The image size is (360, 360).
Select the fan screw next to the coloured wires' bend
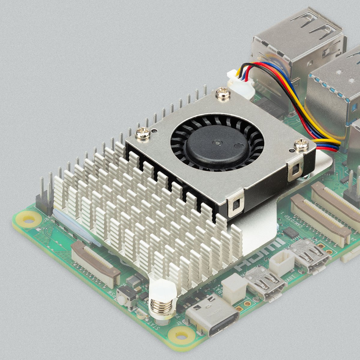tap(301, 145)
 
